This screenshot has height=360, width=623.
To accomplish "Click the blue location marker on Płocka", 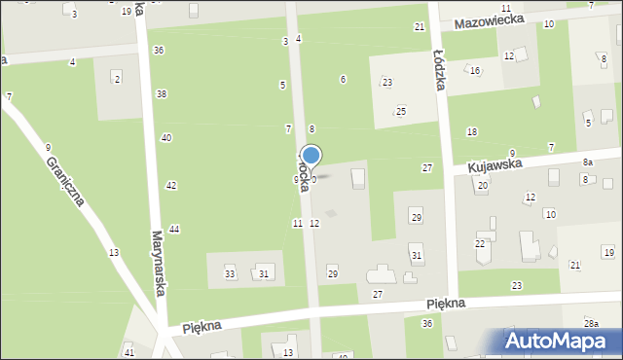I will tap(311, 156).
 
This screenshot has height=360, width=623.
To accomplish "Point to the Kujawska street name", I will tap(495, 166).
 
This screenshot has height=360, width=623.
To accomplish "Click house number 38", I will tap(162, 93).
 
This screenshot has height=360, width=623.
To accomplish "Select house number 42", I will tap(171, 185).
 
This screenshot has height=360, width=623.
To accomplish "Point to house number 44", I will tap(174, 229).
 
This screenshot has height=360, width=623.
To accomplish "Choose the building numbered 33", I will tap(231, 273).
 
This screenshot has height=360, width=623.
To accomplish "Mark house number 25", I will tap(400, 112).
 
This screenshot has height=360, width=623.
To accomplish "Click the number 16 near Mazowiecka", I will tap(475, 71).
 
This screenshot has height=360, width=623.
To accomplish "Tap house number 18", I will tap(472, 131).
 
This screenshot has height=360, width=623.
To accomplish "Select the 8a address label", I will tap(587, 162).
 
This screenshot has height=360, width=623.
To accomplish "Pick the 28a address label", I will tap(591, 322).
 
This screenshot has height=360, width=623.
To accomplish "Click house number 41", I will tap(129, 352).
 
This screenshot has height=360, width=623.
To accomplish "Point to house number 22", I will tap(480, 243).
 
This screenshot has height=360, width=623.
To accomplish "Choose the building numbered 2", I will tap(117, 78).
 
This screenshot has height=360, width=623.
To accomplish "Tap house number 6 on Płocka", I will tap(343, 79).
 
